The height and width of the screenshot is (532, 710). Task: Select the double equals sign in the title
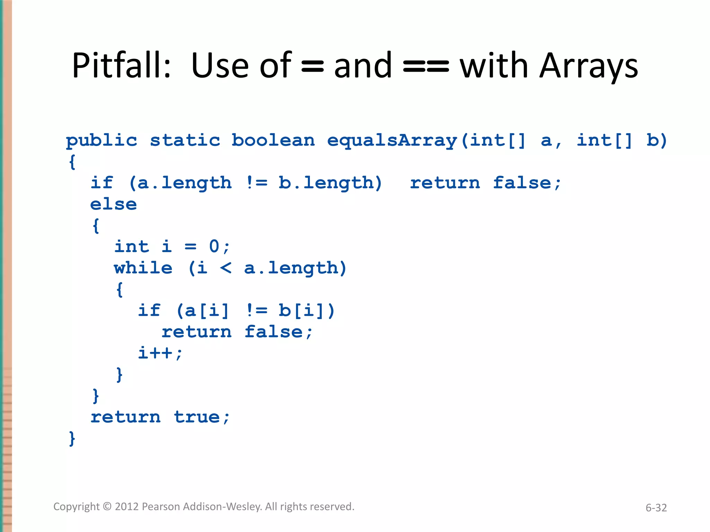click(x=426, y=66)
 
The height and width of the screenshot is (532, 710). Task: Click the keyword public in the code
click(x=102, y=141)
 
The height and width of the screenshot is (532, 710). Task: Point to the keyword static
click(x=185, y=140)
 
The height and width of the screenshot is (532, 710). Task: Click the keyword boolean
click(x=273, y=140)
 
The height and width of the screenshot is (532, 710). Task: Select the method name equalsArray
click(x=392, y=141)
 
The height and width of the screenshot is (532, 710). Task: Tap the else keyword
click(x=113, y=204)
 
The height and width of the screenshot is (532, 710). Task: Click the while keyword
click(x=143, y=268)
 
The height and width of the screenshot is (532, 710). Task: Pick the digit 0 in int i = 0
click(x=214, y=247)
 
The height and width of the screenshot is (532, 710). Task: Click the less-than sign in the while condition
click(x=226, y=268)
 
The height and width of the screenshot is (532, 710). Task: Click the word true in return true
click(x=197, y=417)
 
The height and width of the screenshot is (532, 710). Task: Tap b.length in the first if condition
click(x=326, y=183)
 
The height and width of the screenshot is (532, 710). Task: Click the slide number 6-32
click(x=656, y=508)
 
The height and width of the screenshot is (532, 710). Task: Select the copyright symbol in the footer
click(x=107, y=507)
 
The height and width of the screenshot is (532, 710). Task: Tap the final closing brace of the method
click(x=72, y=438)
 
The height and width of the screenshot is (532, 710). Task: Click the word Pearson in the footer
click(x=161, y=507)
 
